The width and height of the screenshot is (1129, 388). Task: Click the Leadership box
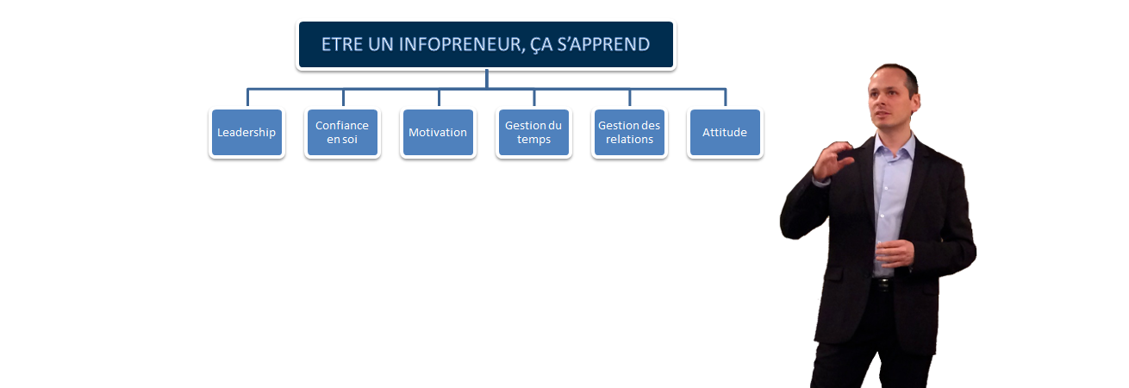[x=247, y=132]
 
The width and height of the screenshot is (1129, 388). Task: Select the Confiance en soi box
[x=343, y=132]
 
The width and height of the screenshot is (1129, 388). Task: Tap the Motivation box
[x=439, y=132]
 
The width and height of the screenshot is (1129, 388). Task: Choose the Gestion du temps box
[x=533, y=132]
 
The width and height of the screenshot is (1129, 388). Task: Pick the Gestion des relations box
[x=629, y=132]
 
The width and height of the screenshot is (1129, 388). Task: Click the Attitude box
[x=726, y=132]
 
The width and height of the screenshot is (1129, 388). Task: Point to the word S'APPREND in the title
[x=603, y=45]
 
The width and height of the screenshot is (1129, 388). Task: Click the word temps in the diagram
[x=533, y=140]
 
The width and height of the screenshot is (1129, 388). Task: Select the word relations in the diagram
[x=629, y=140]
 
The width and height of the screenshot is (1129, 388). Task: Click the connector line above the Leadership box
[x=247, y=97]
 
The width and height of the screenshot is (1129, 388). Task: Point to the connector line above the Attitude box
[x=726, y=97]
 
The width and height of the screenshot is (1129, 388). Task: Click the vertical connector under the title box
[x=486, y=78]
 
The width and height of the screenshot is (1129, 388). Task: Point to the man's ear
[x=915, y=99]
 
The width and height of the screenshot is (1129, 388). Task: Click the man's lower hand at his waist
[x=894, y=253]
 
